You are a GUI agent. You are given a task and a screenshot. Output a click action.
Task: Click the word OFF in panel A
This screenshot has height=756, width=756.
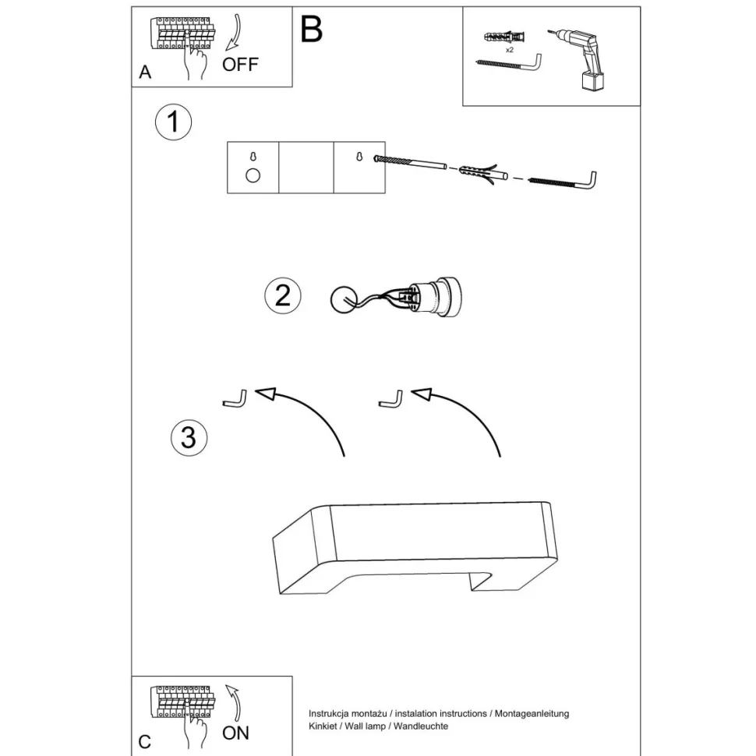(240, 64)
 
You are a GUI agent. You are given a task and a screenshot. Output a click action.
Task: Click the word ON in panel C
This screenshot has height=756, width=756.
(235, 733)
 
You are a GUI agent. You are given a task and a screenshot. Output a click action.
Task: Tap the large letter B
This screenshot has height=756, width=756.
(311, 30)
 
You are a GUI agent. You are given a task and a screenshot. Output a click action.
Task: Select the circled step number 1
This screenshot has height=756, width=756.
(173, 122)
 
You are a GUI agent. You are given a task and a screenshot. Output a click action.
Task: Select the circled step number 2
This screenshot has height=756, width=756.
(283, 295)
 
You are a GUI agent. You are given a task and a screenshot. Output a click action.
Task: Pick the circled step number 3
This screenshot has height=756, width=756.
(189, 438)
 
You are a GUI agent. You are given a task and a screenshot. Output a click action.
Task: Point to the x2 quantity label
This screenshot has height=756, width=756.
(510, 50)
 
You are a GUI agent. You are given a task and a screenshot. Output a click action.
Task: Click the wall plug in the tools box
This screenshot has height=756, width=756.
(503, 37)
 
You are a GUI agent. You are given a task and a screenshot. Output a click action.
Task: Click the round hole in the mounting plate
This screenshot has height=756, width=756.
(253, 175)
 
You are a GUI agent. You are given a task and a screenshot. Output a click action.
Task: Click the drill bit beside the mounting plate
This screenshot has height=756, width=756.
(410, 162)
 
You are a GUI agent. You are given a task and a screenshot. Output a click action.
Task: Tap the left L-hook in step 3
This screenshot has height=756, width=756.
(235, 400)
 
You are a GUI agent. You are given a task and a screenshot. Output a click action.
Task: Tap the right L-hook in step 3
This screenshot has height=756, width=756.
(391, 400)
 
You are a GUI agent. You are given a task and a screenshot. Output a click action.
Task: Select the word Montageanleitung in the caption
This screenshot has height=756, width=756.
(532, 714)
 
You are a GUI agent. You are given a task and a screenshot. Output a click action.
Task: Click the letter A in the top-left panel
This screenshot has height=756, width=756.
(145, 72)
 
